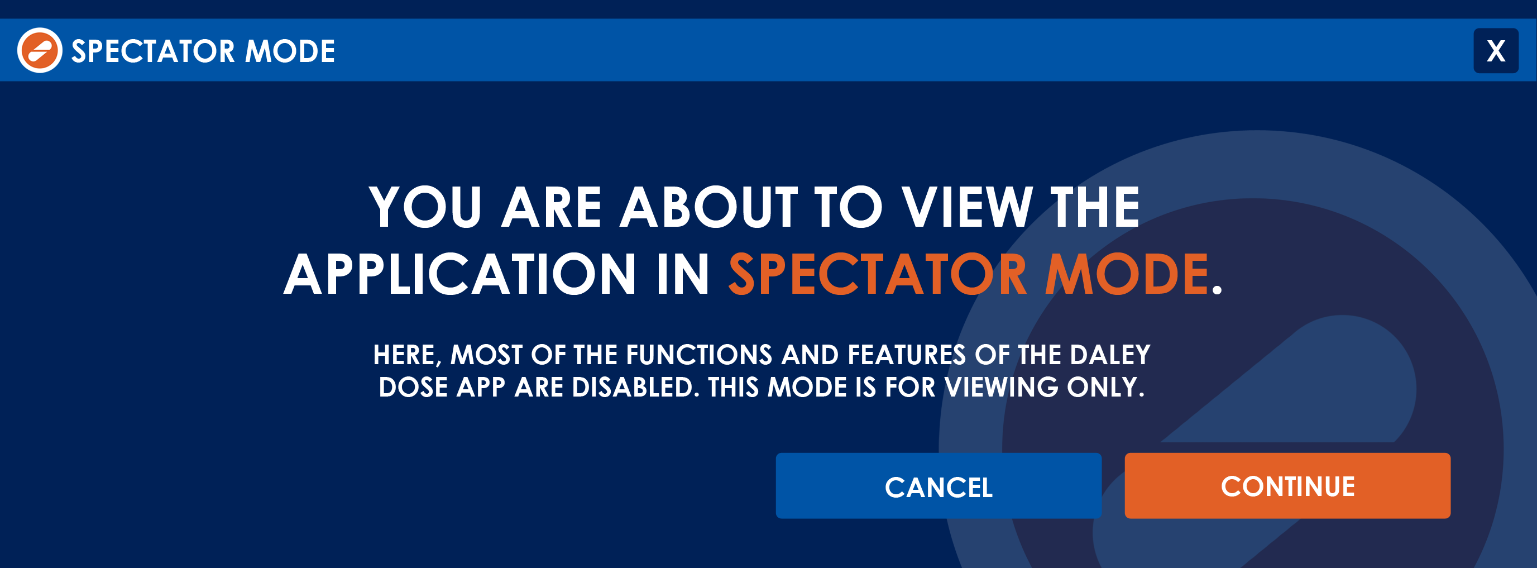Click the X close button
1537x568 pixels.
pos(1496,51)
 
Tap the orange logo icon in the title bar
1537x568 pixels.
pos(40,50)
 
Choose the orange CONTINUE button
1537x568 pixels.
pos(1287,486)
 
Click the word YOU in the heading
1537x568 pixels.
pos(425,207)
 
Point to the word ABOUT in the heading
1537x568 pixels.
pos(709,207)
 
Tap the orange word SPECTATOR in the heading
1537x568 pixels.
pos(878,274)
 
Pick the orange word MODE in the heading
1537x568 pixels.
pos(1127,274)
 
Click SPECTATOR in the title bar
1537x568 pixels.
pos(154,51)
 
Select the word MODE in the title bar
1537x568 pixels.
pos(290,51)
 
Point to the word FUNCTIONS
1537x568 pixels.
pos(698,355)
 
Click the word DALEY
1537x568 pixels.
pos(1110,355)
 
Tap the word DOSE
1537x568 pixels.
pos(413,387)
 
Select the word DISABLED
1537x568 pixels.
pos(635,387)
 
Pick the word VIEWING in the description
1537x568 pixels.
pos(1001,387)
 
